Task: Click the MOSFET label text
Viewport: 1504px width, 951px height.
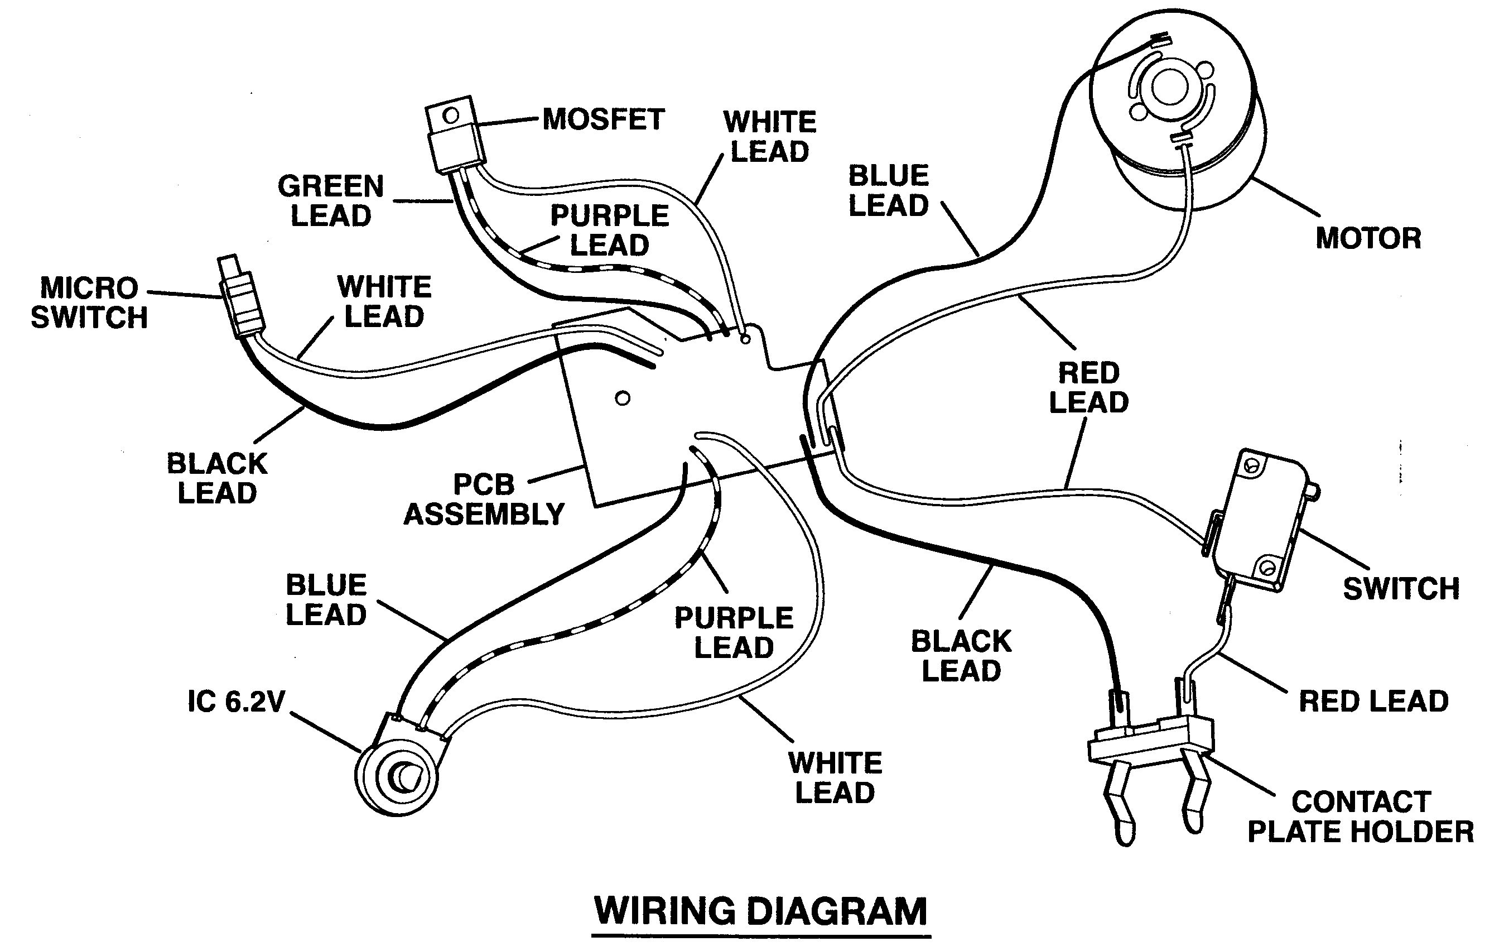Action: (604, 119)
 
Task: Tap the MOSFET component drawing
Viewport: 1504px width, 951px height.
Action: (455, 134)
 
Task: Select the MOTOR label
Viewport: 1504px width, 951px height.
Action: (1368, 238)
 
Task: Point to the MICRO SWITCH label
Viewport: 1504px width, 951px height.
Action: (89, 303)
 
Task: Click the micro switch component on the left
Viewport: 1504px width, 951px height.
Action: (241, 296)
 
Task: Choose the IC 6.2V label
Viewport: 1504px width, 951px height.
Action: (236, 702)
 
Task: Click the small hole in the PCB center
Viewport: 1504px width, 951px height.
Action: (623, 398)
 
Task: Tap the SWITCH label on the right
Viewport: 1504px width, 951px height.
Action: (1401, 589)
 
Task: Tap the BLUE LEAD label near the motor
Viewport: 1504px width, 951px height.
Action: (888, 190)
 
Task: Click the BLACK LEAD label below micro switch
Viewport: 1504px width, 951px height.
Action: (218, 479)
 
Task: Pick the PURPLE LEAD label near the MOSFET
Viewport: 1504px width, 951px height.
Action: (610, 230)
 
